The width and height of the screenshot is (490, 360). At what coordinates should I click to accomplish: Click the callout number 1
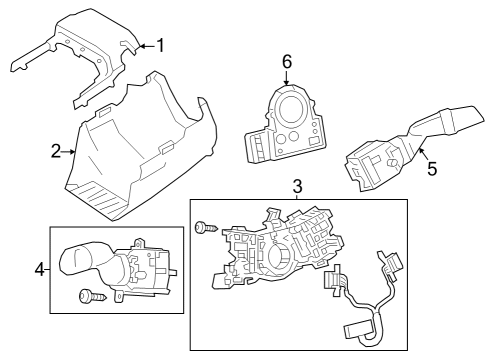pos(160,44)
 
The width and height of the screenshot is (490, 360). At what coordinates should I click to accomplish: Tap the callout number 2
pos(56,151)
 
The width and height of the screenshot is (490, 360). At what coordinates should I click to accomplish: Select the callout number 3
pos(297,186)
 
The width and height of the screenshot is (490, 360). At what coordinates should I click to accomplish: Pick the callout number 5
pos(432,169)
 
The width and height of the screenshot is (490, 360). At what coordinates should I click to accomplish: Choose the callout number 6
pos(286,61)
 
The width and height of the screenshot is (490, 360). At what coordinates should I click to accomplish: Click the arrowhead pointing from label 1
pos(139,44)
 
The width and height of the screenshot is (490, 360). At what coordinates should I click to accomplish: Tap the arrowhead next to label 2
pos(73,151)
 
